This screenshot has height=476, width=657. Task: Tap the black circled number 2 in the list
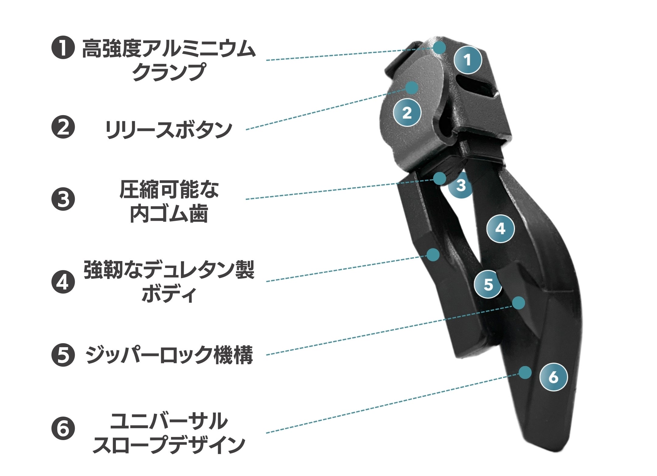[x=63, y=128]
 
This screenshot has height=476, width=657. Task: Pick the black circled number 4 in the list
[x=63, y=282]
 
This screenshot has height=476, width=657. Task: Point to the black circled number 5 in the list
[x=63, y=355]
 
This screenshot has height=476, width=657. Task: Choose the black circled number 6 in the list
[x=63, y=429]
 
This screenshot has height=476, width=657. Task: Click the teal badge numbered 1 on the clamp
[x=468, y=60]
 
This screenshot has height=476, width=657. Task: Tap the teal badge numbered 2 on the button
[x=407, y=113]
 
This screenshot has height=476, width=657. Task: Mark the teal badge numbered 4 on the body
[x=500, y=228]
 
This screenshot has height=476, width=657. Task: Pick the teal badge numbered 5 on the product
[x=488, y=284]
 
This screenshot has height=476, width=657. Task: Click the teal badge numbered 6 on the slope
[x=553, y=377]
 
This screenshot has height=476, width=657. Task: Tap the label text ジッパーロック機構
[x=169, y=355]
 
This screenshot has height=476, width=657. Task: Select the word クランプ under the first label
[x=169, y=72]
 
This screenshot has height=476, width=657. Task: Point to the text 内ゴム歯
[x=169, y=214]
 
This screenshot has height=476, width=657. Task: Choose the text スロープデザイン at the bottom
[x=169, y=445]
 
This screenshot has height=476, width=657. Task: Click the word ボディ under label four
[x=169, y=294]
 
